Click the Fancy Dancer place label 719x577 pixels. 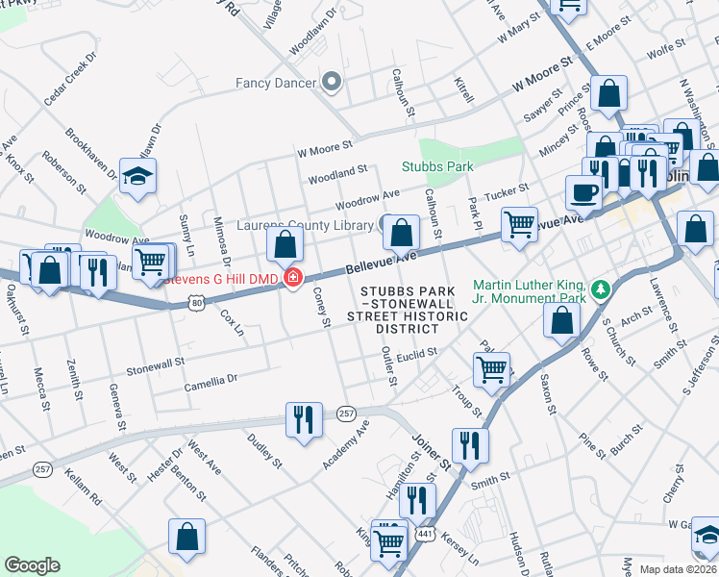(x=276, y=83)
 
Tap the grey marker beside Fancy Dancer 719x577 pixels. (x=333, y=82)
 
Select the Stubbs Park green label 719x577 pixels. (x=437, y=166)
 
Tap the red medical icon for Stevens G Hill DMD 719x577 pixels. (x=290, y=280)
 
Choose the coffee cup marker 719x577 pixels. (x=584, y=192)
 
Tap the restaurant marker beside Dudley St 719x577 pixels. (x=304, y=419)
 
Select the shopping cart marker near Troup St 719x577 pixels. (x=491, y=368)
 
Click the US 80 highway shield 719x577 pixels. (x=196, y=302)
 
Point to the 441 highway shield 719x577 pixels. (x=424, y=532)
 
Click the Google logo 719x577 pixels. (x=32, y=565)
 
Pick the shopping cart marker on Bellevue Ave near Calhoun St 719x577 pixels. (x=519, y=224)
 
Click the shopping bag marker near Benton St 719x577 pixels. (x=186, y=538)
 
